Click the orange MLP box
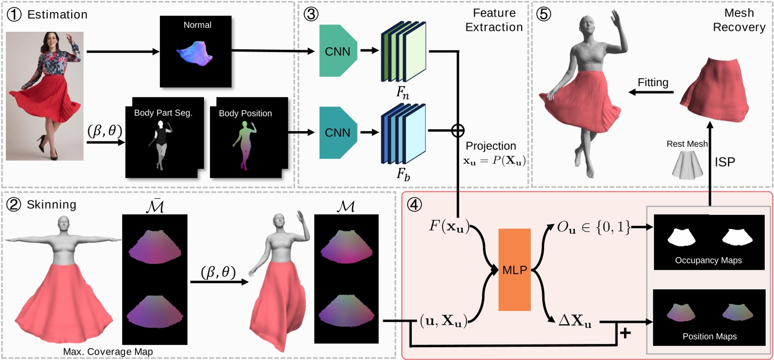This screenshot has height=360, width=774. pos(514,270)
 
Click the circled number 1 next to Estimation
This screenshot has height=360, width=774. pos(14,14)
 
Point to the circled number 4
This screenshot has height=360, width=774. pos(414,205)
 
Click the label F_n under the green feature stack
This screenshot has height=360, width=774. pos(403,93)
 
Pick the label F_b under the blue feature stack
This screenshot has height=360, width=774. pos(403,174)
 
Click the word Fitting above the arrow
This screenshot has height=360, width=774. pos(653,82)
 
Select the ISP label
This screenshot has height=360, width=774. pos(725,162)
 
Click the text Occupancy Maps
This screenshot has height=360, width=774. pos(708,260)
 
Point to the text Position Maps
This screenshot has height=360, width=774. pos(709,337)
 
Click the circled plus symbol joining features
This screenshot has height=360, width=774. pos(458,131)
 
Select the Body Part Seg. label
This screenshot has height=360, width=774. pos(163,113)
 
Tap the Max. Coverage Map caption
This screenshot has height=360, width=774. pos(108,352)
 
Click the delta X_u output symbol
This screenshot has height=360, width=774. pos(575,320)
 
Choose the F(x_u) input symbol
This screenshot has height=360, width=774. pos(449,226)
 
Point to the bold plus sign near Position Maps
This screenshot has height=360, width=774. pos(625,332)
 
